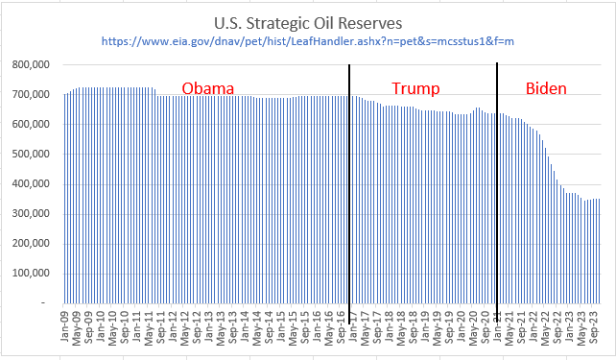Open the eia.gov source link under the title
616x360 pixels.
point(307,43)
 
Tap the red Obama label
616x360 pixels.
point(208,89)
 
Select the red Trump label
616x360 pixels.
point(415,89)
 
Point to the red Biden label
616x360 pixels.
point(545,89)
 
